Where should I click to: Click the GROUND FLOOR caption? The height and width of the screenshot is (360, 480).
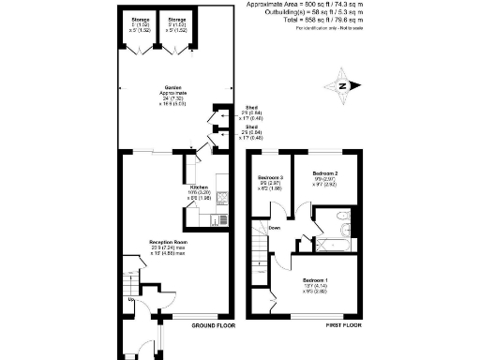pyautogui.click(x=212, y=325)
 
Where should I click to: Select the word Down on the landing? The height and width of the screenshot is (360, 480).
pyautogui.click(x=274, y=228)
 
